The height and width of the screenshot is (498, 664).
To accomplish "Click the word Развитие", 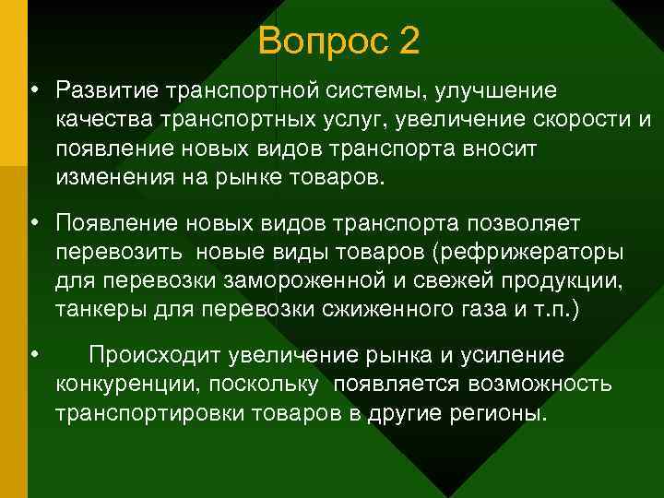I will (x=106, y=91).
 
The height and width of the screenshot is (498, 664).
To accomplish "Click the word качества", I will (x=102, y=121).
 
